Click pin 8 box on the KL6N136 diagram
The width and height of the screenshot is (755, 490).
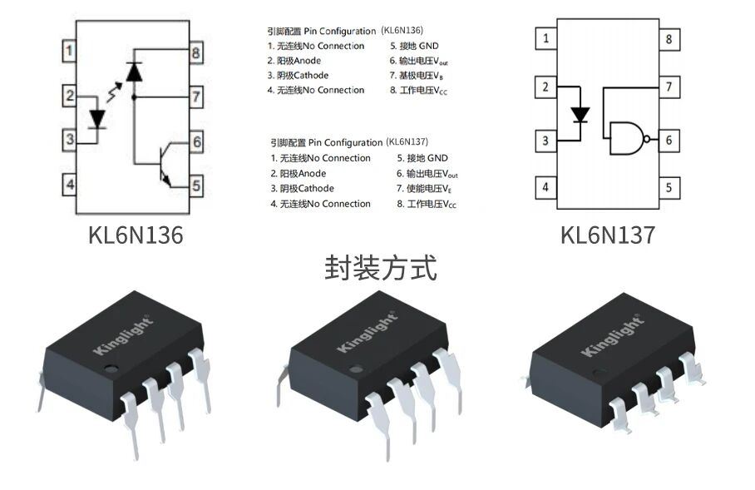[x=195, y=54]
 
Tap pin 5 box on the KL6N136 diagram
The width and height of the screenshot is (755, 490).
[x=195, y=186]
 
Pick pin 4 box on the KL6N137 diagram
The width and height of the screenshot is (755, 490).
[x=545, y=186]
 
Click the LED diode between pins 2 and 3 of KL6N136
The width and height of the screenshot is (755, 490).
[x=98, y=118]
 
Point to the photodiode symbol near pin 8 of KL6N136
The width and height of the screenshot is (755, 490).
[x=133, y=72]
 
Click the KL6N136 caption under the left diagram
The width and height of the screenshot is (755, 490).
[x=136, y=235]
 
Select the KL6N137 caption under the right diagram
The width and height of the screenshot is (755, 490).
[x=608, y=235]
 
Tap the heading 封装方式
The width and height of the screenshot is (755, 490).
[x=379, y=268]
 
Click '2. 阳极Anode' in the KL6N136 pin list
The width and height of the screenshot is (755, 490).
[x=294, y=61]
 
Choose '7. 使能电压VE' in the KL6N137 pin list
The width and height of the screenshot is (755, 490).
[x=427, y=189]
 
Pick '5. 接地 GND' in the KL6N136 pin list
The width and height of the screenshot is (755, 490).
[x=414, y=46]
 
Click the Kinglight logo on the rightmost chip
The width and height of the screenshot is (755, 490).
[x=614, y=334]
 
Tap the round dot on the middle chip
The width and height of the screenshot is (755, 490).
[x=357, y=368]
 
